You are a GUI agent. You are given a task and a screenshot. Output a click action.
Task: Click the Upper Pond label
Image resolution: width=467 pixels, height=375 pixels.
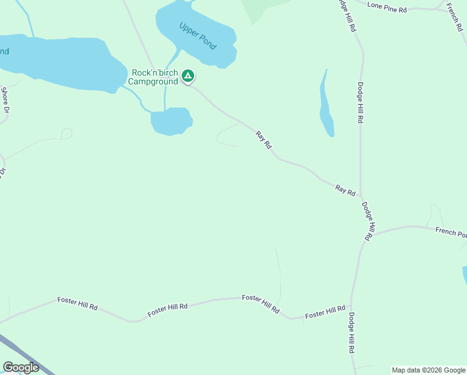click(x=197, y=36)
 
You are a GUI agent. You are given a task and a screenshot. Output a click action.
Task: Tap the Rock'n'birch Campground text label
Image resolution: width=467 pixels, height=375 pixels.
click(x=152, y=77)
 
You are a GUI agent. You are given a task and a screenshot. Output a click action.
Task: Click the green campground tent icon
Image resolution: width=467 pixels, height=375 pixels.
click(x=188, y=77)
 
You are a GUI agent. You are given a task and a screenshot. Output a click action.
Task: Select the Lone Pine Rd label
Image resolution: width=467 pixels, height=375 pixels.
click(x=387, y=6)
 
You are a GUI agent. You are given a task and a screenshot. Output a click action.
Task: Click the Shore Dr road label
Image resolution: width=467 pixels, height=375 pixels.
click(x=6, y=100)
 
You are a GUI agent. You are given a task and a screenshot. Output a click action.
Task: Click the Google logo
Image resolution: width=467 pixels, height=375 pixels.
click(x=21, y=367)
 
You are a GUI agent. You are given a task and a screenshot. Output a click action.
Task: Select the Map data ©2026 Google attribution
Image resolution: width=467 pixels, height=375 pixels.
click(x=429, y=370)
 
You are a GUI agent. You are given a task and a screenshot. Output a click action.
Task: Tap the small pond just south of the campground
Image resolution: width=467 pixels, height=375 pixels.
click(x=170, y=121)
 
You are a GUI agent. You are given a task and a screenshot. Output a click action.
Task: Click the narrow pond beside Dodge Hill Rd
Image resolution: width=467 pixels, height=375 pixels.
click(x=325, y=106)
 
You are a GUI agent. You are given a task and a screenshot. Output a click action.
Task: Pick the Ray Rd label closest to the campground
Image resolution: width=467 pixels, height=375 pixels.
click(x=264, y=139)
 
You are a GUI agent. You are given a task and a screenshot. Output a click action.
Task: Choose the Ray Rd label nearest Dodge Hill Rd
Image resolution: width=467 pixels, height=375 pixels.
click(x=345, y=189)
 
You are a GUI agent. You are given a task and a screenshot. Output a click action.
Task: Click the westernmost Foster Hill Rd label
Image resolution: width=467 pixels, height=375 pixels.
click(x=77, y=304)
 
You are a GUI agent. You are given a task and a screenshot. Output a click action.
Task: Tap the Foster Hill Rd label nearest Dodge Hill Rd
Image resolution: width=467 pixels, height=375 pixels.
click(x=325, y=312)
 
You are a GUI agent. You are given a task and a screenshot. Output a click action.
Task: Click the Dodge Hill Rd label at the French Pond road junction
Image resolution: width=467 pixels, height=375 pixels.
click(x=368, y=221)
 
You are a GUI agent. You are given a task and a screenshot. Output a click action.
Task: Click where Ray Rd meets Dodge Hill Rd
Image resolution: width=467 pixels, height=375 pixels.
click(x=361, y=199)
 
